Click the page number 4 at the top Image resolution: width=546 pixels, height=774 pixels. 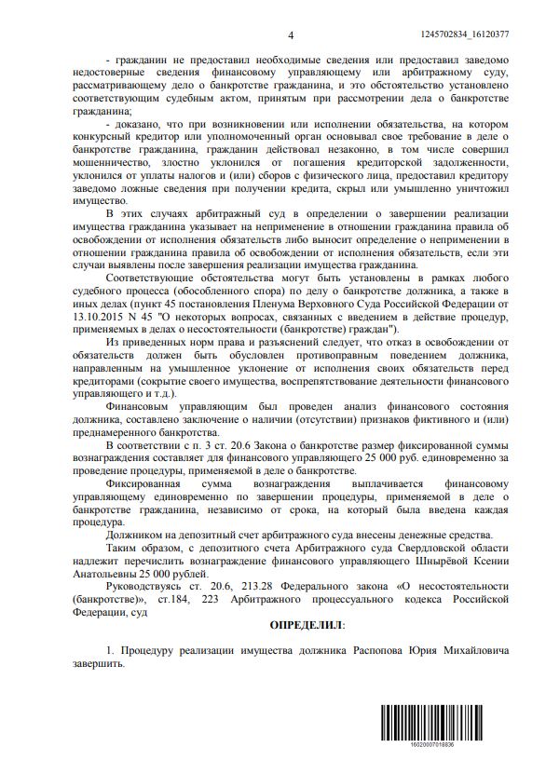[291, 34]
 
